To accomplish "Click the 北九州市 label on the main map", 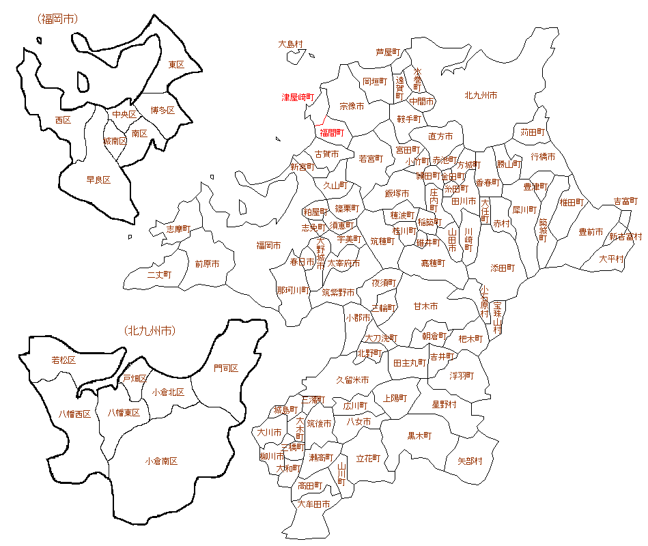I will click(481, 96).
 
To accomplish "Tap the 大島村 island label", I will click(290, 44).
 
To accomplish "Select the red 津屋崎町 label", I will click(298, 98).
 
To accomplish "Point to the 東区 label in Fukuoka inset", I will click(176, 64).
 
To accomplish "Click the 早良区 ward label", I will click(98, 180).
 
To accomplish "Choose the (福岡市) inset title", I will click(58, 19).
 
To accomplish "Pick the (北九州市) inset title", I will click(150, 331).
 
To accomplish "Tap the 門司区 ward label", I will click(226, 369).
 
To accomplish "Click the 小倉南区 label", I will click(161, 461).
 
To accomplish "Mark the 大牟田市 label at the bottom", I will click(314, 504).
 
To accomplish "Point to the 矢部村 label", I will click(469, 461).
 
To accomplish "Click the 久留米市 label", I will click(352, 379).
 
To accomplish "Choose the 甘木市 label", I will click(425, 307).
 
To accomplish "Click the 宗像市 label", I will click(352, 106).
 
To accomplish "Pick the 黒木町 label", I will click(420, 435).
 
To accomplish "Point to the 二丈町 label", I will click(159, 274).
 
